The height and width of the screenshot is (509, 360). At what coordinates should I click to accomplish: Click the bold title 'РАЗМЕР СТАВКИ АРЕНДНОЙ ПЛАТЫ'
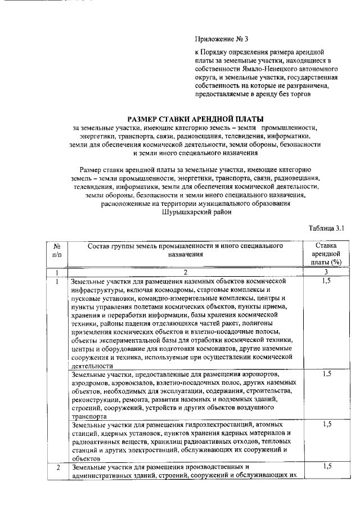(x=196, y=119)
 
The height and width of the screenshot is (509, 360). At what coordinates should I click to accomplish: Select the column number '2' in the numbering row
(x=184, y=272)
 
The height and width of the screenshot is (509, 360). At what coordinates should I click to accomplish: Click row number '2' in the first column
(x=57, y=467)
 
